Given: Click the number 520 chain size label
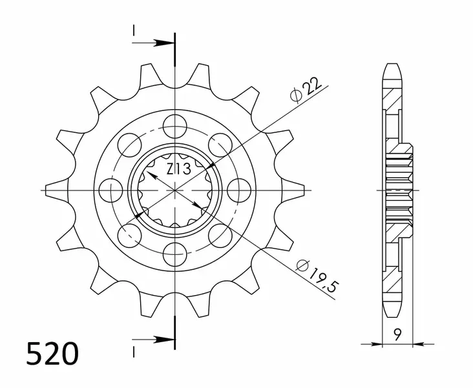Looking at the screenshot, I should [54, 354].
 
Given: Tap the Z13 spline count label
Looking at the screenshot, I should [178, 170].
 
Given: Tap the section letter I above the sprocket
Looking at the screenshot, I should [134, 30].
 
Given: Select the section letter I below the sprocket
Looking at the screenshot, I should [134, 352].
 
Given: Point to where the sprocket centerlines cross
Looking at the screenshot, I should [175, 190].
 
